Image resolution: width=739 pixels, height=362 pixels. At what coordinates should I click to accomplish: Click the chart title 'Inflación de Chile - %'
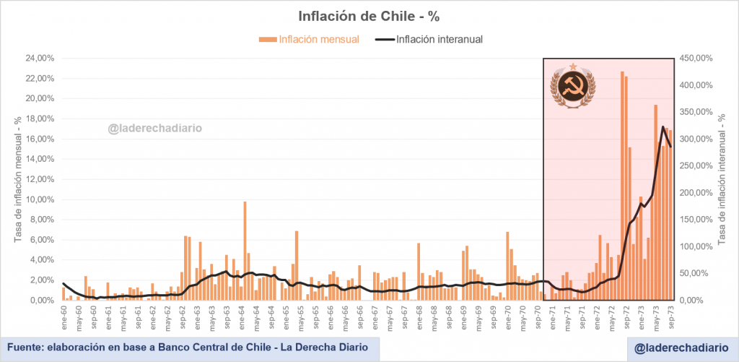coord(369,15)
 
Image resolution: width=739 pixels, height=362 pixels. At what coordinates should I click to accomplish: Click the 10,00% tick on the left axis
coord(40,199)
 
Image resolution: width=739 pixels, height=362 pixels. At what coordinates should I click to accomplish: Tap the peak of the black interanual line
coord(663,127)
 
